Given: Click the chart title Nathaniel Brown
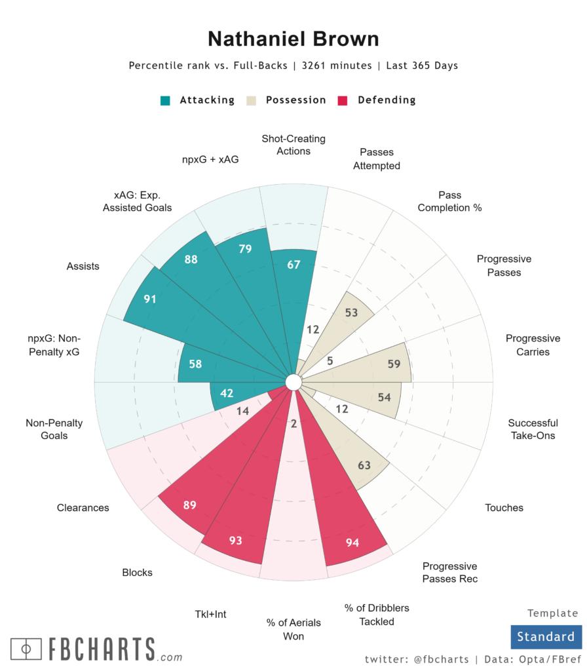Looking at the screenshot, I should (x=293, y=39).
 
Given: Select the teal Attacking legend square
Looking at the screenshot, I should (x=166, y=100).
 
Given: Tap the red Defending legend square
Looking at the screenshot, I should (x=342, y=100).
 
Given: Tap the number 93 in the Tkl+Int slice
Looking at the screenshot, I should (x=235, y=541).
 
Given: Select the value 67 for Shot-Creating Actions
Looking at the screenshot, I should (x=293, y=264).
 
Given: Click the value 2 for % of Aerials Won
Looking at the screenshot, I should (x=293, y=424).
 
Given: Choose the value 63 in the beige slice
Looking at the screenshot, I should (x=364, y=465).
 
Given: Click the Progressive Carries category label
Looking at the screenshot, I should (x=533, y=345).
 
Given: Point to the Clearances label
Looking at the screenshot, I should (x=83, y=507).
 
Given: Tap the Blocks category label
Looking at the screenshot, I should (x=137, y=572).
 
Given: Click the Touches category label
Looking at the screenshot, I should (x=504, y=507).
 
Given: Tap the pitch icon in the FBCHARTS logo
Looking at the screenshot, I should (x=26, y=649).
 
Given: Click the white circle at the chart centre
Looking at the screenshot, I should (x=293, y=381).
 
